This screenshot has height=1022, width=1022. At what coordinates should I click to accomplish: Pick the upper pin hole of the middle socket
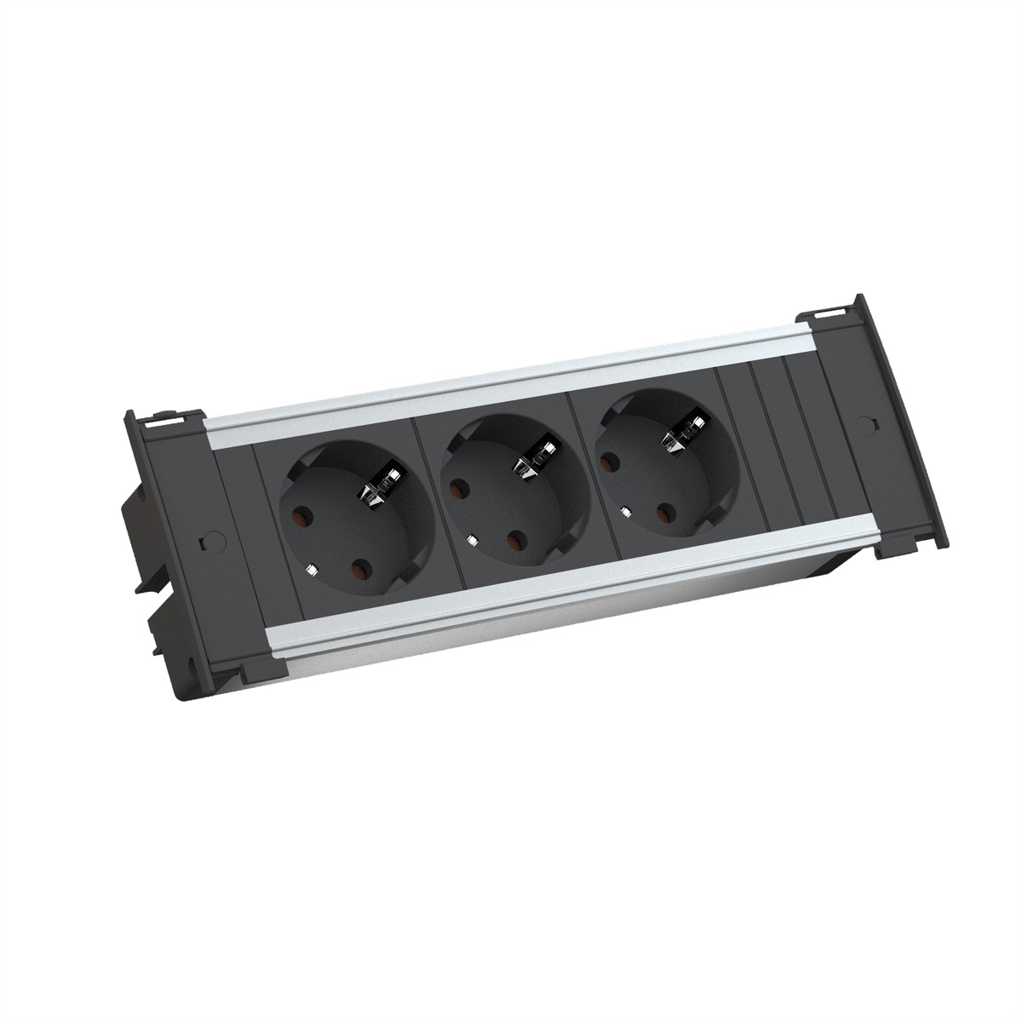point(460,490)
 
